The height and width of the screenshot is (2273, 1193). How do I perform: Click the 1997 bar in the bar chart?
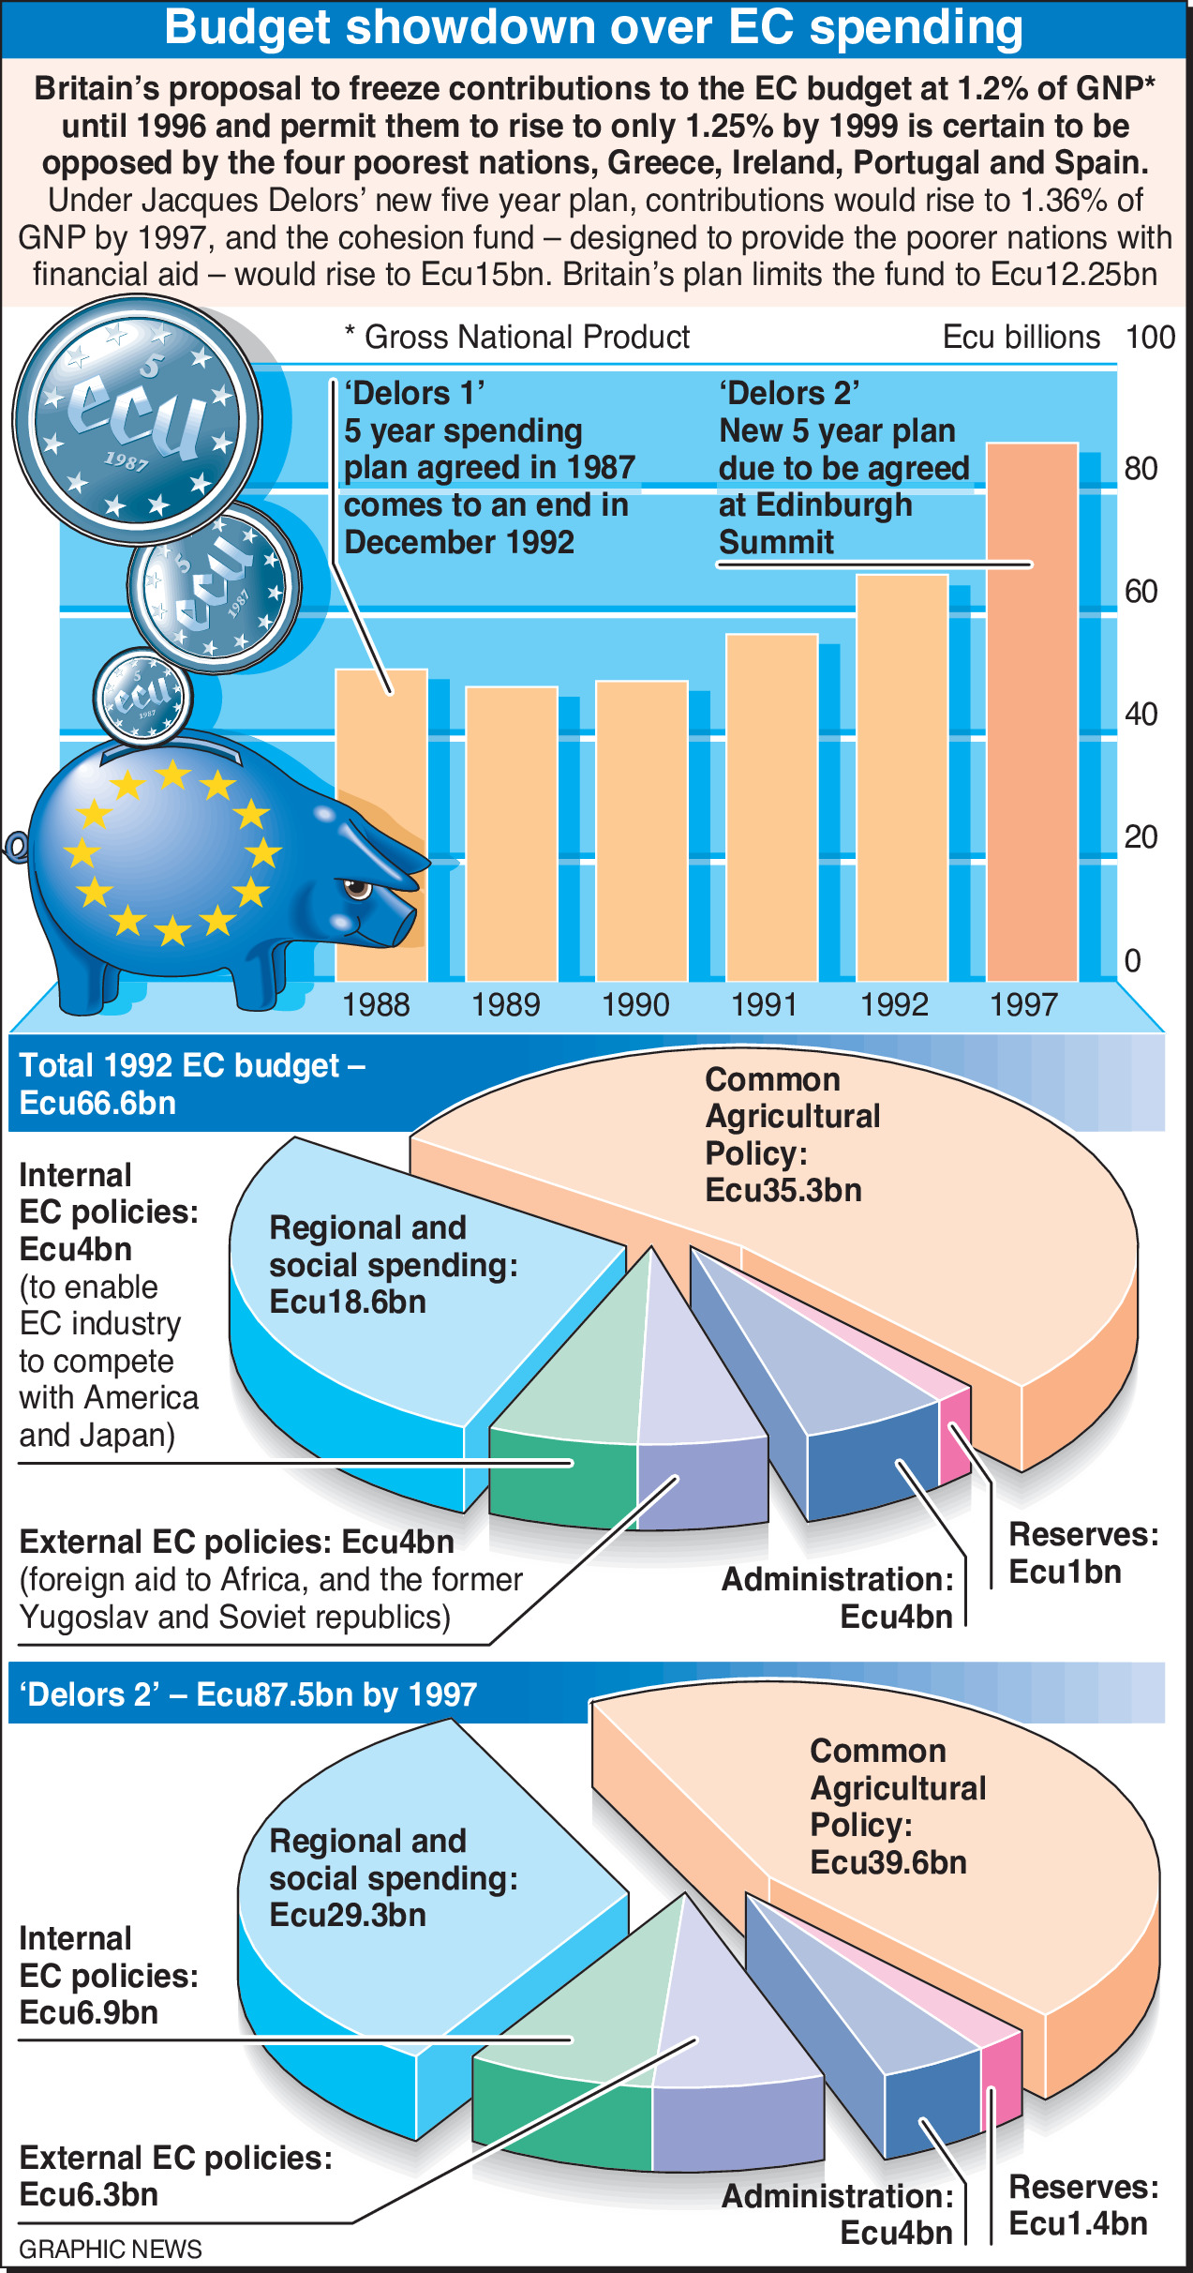1032,713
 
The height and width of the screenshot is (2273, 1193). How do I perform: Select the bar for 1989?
512,835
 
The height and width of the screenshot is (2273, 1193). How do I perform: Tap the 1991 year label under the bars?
764,1005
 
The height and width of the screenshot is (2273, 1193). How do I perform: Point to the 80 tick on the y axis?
1141,468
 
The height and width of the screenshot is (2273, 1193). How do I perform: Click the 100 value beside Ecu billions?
1150,337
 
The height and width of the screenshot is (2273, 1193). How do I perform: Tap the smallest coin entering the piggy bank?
142,696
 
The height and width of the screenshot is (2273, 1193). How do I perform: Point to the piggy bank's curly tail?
16,847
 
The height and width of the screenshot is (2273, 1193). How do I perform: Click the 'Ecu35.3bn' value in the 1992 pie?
783,1191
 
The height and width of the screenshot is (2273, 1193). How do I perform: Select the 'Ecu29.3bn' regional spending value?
347,1915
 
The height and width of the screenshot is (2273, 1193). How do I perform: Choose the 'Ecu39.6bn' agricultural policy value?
887,1862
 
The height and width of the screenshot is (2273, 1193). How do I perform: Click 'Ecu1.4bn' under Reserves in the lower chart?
1078,2223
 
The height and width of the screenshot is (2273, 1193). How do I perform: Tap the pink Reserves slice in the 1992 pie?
954,1425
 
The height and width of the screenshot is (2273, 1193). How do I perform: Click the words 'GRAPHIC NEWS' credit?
110,2250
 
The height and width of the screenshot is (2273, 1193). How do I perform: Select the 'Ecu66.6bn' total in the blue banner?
97,1103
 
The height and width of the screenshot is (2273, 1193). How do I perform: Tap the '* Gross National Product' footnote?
517,337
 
